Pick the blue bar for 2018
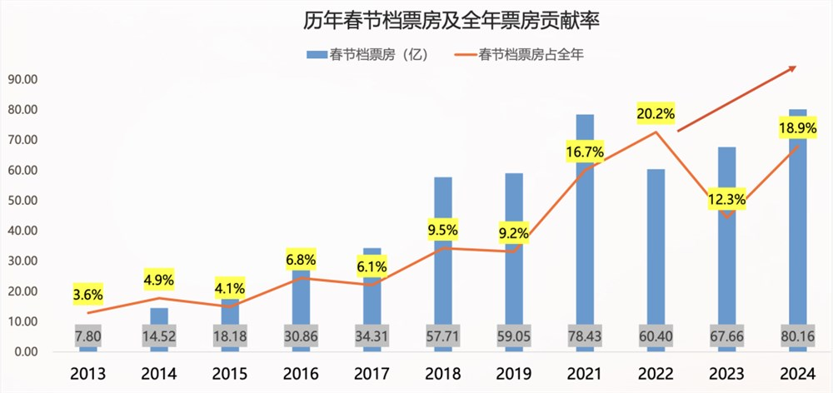point(443,250)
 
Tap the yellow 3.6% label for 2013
point(87,295)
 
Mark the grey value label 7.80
point(87,335)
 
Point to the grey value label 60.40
point(656,335)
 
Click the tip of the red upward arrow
point(796,67)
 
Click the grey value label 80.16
point(797,335)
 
